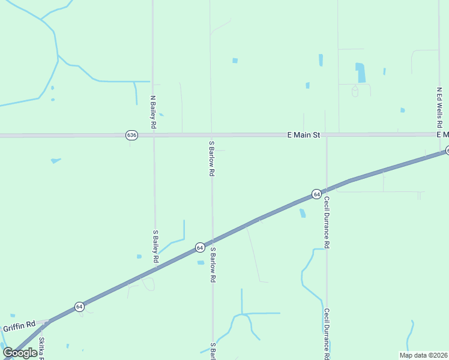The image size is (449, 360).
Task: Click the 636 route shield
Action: click(132, 135)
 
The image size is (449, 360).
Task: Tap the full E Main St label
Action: click(304, 136)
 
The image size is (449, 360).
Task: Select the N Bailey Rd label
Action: click(153, 112)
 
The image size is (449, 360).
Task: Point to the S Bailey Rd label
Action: click(155, 247)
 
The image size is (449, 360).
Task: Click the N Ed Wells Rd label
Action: click(439, 107)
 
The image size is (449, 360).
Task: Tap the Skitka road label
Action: click(42, 347)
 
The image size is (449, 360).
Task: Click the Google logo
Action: click(20, 353)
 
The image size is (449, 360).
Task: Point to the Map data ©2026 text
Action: click(423, 355)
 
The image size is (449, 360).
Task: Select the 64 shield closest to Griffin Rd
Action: click(79, 307)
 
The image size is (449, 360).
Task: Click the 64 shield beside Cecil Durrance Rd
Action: click(316, 194)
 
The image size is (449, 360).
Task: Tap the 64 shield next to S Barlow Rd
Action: click(200, 247)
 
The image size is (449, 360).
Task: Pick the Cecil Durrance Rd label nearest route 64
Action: click(327, 222)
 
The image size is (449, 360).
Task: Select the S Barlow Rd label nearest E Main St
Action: click(211, 158)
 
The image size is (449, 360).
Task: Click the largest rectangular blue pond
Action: click(360, 73)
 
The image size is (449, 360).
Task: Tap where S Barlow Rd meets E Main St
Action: click(211, 135)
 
